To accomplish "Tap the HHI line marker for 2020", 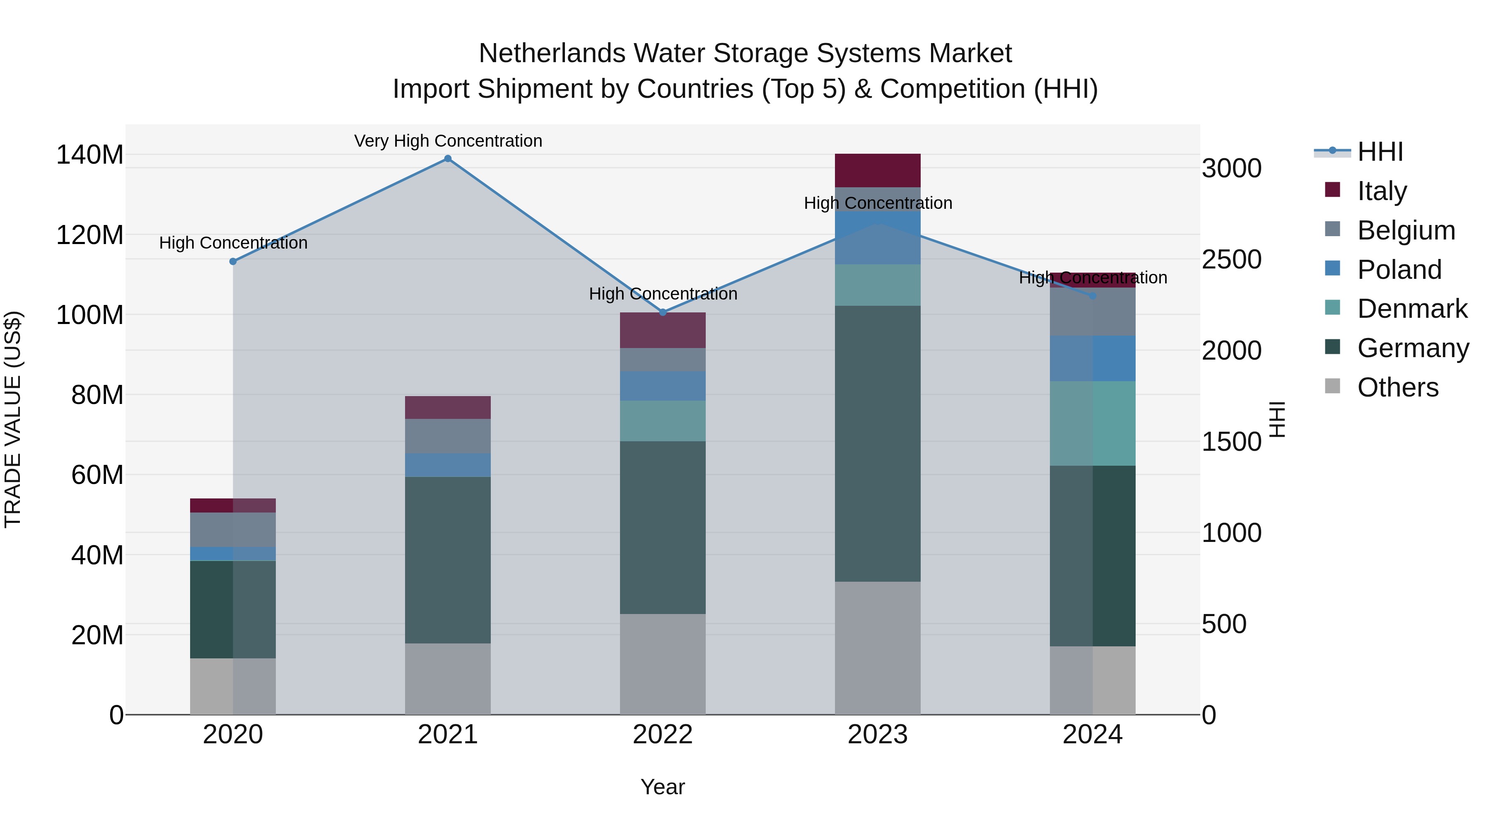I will pyautogui.click(x=233, y=262).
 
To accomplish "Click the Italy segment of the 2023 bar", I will pyautogui.click(x=878, y=170).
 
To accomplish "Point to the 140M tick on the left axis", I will pyautogui.click(x=90, y=155).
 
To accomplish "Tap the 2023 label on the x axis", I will pyautogui.click(x=878, y=735).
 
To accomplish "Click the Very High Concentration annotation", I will pyautogui.click(x=448, y=141).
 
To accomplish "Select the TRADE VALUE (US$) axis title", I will pyautogui.click(x=13, y=419).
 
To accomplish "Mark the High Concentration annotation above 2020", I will pyautogui.click(x=233, y=243).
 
